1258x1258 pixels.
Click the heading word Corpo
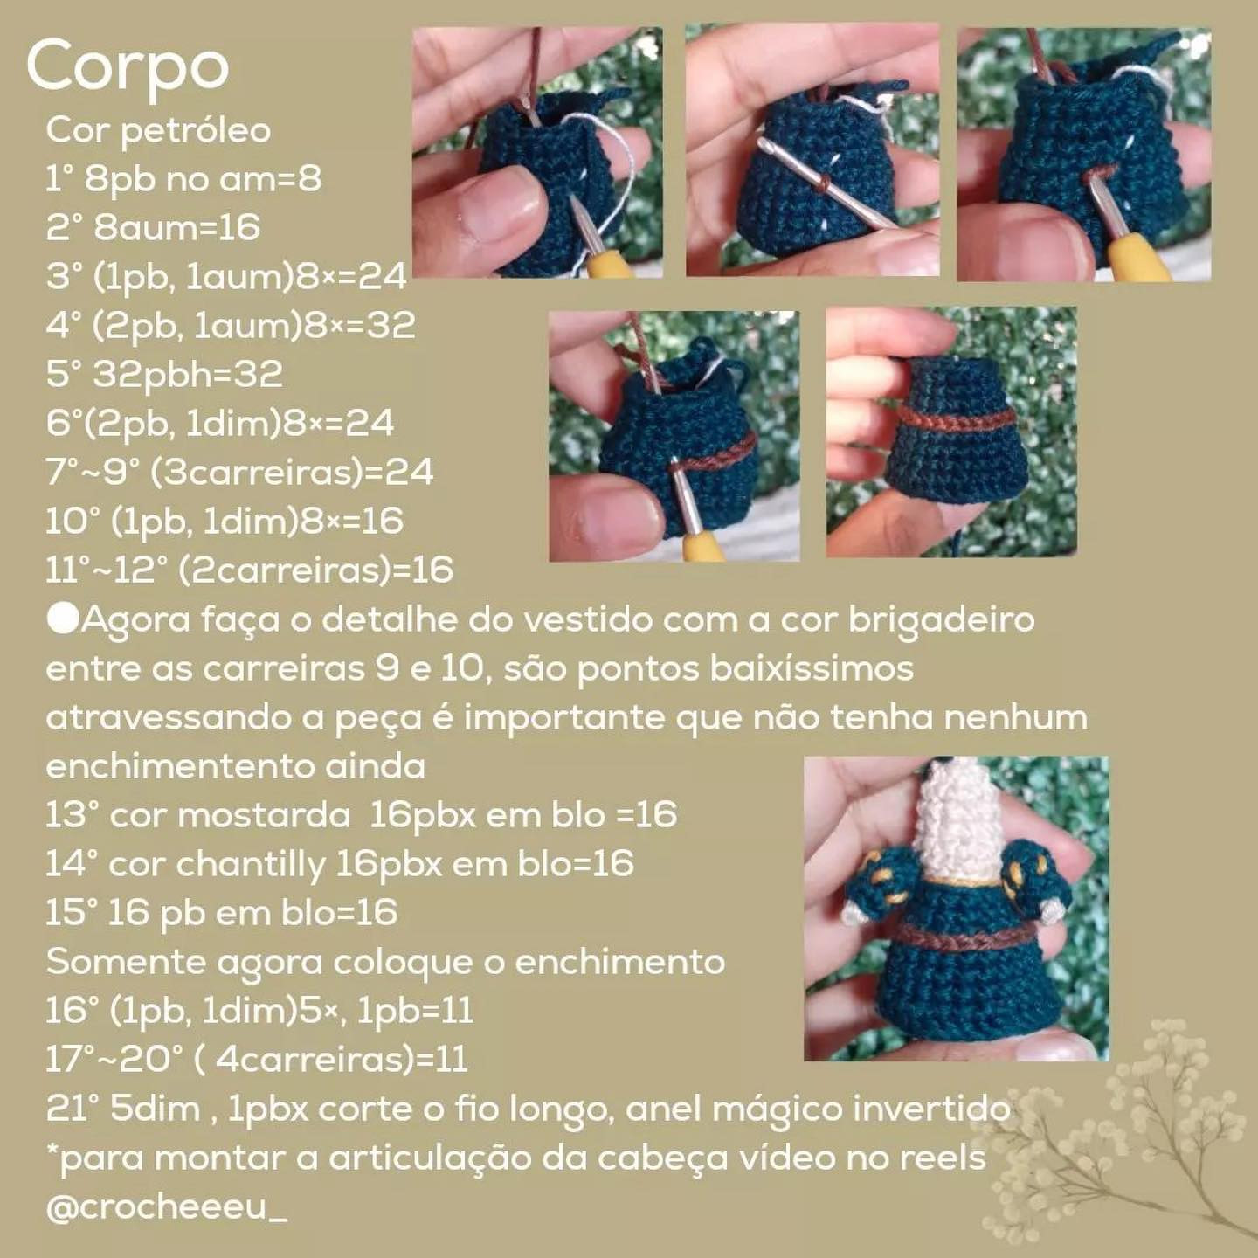coord(128,66)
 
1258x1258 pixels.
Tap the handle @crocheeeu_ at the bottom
coord(166,1207)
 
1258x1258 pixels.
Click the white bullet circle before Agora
coord(63,619)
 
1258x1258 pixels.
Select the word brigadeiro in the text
coord(942,619)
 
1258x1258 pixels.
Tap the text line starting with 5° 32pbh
coord(164,374)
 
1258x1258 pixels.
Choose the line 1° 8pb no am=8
coord(183,179)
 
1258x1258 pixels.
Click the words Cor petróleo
coord(158,130)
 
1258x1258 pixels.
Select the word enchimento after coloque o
coord(620,962)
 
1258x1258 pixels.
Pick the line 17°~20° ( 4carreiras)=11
coord(257,1060)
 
